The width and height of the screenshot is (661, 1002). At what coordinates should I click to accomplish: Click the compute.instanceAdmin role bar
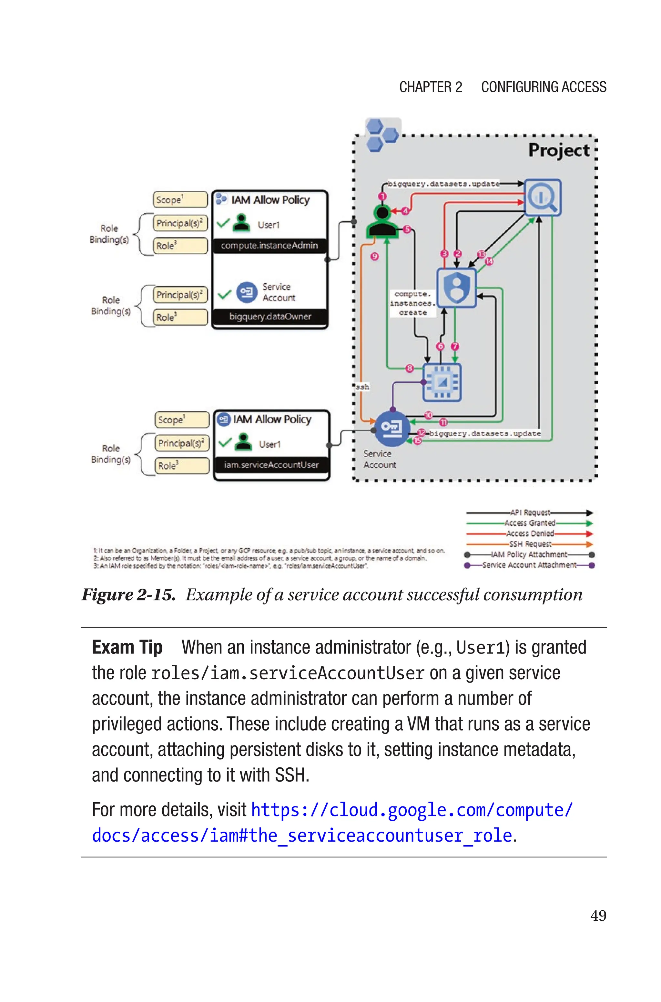(269, 245)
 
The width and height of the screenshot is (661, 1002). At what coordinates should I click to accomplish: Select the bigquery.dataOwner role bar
(270, 317)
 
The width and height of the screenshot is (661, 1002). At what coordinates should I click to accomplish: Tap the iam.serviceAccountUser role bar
(271, 465)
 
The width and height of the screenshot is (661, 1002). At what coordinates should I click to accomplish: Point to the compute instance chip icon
(442, 382)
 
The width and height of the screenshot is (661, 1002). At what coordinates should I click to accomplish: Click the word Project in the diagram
(559, 150)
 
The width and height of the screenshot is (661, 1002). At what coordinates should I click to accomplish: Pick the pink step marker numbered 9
(375, 256)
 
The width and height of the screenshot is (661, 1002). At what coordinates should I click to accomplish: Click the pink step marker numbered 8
(409, 368)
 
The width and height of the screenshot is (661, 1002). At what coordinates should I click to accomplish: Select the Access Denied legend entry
(530, 533)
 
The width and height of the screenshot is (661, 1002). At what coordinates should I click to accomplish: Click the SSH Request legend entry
(530, 544)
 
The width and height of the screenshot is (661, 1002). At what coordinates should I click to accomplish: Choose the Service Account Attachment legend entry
(529, 565)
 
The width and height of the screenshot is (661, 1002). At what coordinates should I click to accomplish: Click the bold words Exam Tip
(127, 648)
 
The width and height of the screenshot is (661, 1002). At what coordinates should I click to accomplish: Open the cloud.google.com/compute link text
(412, 810)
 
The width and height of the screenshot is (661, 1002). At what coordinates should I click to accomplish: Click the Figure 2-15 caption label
(128, 594)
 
